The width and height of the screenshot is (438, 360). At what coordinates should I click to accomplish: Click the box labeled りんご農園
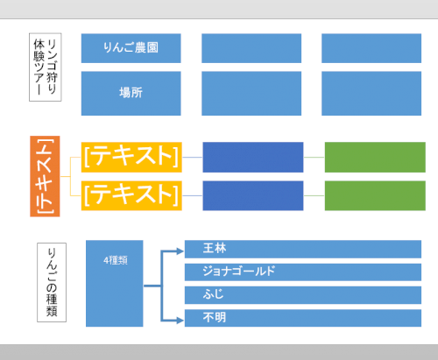click(131, 48)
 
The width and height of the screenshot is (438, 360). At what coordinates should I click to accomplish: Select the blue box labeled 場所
click(131, 93)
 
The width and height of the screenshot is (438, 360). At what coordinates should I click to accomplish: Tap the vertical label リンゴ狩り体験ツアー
click(46, 67)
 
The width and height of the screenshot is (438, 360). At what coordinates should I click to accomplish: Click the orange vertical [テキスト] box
click(45, 176)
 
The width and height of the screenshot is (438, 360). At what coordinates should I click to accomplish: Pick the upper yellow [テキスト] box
click(131, 157)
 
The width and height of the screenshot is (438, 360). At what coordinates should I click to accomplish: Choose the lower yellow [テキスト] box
click(131, 195)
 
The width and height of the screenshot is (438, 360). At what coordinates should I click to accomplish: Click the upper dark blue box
click(253, 157)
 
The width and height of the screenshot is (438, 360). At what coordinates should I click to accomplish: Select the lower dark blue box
click(253, 195)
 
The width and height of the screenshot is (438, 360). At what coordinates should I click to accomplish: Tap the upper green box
click(375, 157)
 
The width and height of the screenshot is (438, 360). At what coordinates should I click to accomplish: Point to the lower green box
click(375, 195)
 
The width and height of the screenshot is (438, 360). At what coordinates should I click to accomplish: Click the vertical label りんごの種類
click(52, 282)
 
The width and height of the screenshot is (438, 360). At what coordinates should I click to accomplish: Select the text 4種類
click(116, 260)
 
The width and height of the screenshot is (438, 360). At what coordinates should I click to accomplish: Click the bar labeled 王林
click(303, 249)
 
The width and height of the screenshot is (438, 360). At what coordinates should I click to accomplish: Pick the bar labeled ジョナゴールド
click(303, 272)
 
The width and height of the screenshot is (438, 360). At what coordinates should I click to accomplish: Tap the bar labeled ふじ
click(303, 295)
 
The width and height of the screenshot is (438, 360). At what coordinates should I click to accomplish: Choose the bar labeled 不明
click(303, 318)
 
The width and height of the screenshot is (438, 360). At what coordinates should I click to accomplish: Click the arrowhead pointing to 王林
click(180, 251)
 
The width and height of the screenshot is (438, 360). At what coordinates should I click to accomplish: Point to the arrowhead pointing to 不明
click(180, 321)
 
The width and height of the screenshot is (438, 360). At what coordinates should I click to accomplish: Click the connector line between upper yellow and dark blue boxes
click(192, 157)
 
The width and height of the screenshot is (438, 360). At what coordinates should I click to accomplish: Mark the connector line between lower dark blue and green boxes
click(314, 195)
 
